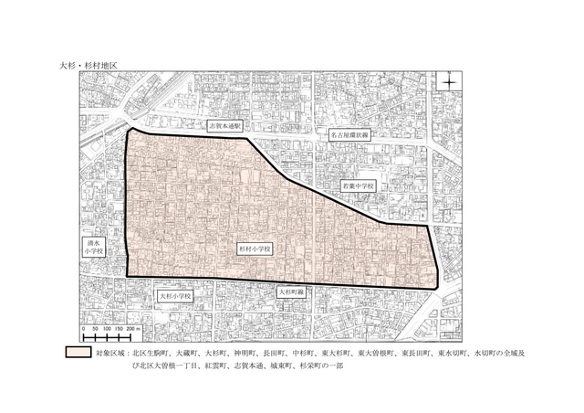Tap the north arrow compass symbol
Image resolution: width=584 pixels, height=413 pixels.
pyautogui.click(x=451, y=85)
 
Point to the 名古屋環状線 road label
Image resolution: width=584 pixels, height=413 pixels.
pyautogui.click(x=352, y=133)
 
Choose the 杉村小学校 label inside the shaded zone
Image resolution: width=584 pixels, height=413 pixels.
pyautogui.click(x=256, y=247)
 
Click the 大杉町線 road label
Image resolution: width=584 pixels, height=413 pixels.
pyautogui.click(x=291, y=292)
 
